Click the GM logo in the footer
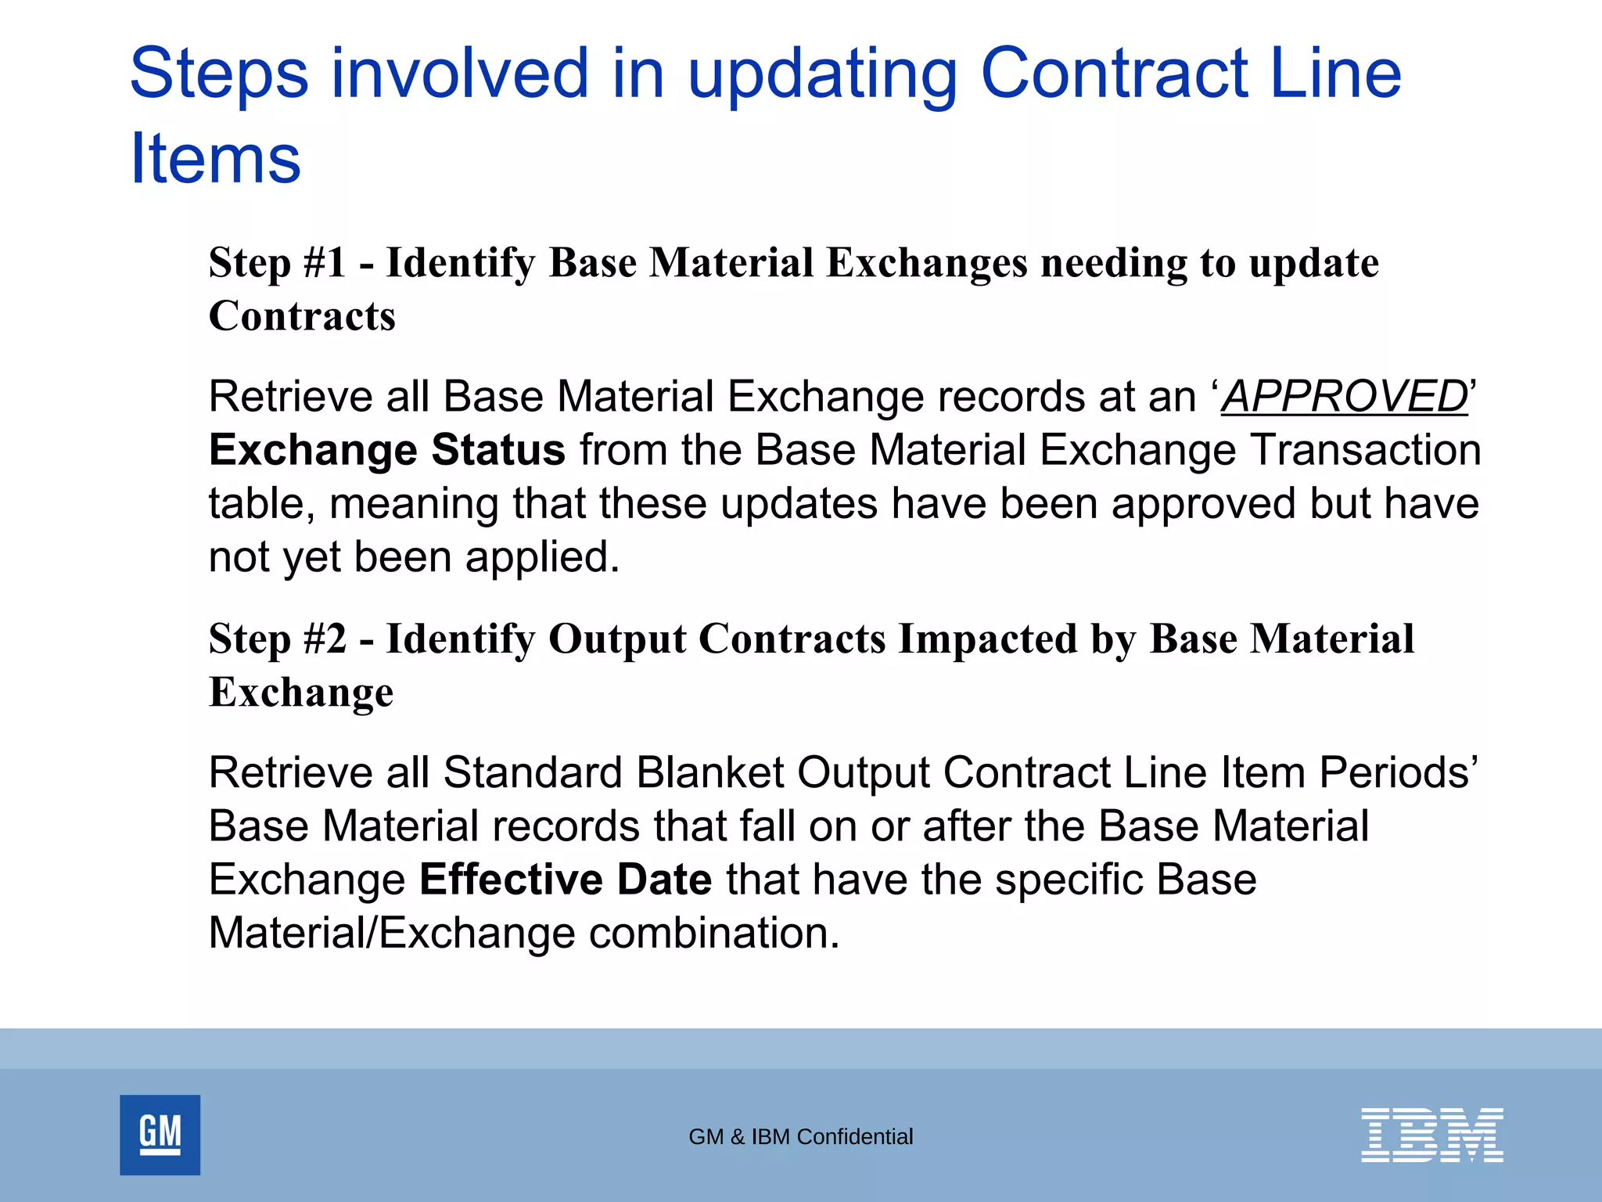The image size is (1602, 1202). point(160,1134)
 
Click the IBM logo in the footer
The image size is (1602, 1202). point(1431,1134)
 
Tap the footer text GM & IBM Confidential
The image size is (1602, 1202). point(800,1136)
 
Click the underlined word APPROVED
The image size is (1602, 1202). point(1344,396)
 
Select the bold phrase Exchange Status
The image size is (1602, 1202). point(386,450)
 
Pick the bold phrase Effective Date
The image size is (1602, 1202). point(566,879)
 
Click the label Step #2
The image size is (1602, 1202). point(277,639)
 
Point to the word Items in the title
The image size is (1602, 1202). point(215,159)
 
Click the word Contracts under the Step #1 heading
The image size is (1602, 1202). point(302,316)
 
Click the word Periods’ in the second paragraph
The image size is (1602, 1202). point(1398,772)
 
